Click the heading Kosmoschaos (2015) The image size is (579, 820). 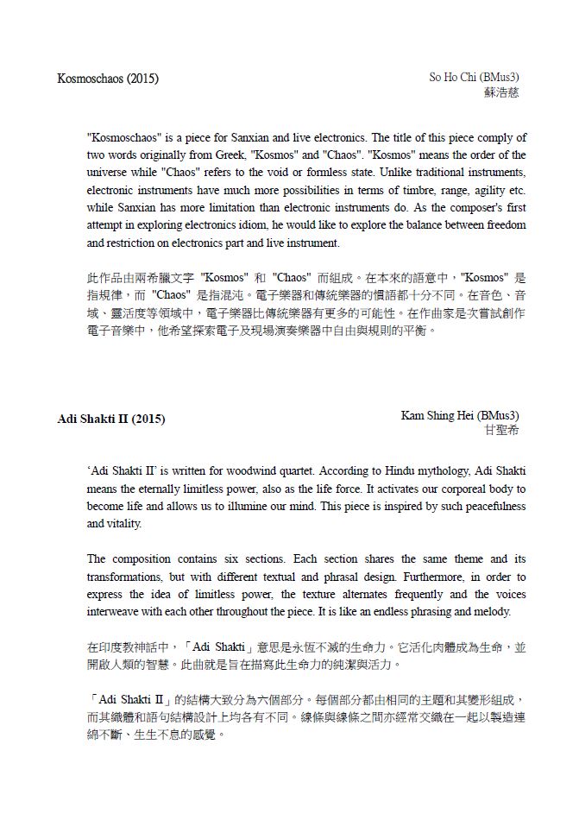coord(107,79)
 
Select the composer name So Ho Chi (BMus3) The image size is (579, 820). coord(475,78)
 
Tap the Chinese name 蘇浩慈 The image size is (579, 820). coord(502,91)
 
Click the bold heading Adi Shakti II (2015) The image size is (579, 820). coord(110,419)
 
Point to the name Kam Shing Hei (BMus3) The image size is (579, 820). coord(460,415)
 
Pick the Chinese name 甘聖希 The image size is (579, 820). coord(502,429)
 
